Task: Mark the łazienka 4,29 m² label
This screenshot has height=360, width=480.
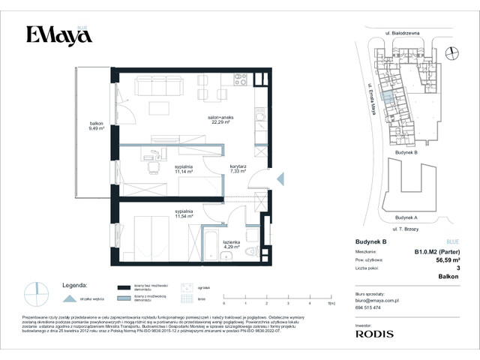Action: coord(230,244)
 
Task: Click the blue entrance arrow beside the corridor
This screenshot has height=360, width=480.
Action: coord(280,178)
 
